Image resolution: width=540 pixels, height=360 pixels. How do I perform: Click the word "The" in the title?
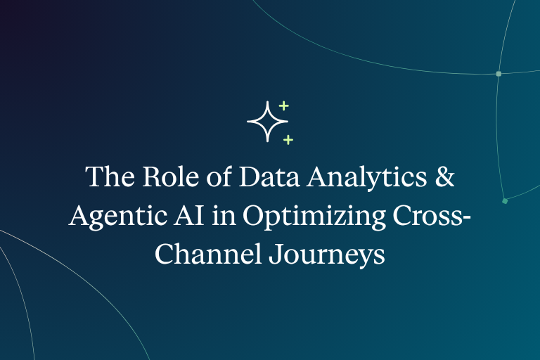point(110,176)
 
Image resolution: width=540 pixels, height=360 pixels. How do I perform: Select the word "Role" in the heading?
point(171,176)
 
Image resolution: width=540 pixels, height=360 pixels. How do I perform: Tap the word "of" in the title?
point(219,176)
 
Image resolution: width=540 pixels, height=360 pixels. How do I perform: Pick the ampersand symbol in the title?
point(444,176)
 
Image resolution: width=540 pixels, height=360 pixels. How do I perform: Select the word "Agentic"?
point(118,217)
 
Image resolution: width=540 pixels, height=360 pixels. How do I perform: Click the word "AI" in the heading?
point(189,215)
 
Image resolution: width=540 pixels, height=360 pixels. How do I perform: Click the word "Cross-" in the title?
point(432,215)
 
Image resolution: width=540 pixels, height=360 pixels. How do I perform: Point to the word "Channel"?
point(207,254)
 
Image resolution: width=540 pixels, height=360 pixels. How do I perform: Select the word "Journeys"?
point(326,256)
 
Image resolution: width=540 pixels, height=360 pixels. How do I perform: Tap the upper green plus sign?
point(283,105)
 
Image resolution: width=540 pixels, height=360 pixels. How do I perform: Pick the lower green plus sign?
point(288,139)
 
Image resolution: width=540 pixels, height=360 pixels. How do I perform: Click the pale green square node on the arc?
point(499,74)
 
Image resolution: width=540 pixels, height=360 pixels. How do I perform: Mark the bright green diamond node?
point(505,201)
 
